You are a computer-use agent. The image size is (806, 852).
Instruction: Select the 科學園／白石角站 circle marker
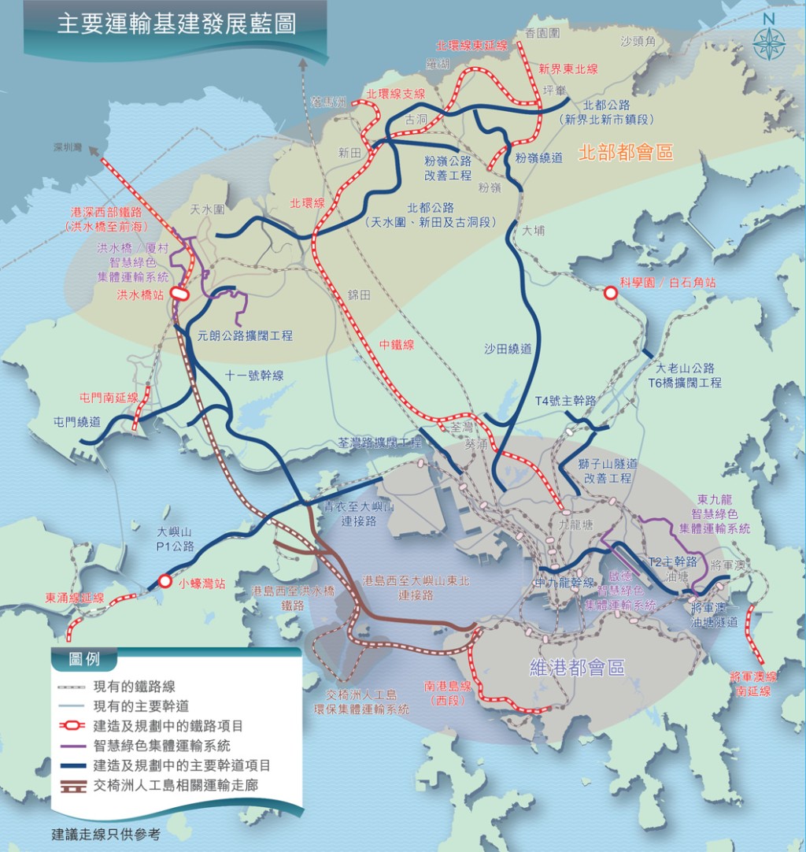pos(610,293)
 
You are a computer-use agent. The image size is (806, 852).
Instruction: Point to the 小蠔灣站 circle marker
pos(165,581)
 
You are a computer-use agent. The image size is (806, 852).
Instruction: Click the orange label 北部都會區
pos(626,153)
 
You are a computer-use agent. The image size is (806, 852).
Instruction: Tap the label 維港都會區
pos(577,669)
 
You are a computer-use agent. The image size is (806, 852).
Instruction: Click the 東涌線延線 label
pos(75,598)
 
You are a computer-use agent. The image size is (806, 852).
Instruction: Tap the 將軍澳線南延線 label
pos(753,683)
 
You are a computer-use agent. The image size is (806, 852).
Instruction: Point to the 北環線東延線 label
pos(472,46)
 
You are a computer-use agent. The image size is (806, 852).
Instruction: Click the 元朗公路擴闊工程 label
pos(246,335)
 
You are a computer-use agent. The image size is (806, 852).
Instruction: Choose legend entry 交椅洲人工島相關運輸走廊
pos(176,784)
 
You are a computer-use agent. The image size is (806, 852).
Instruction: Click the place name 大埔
pos(533,231)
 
